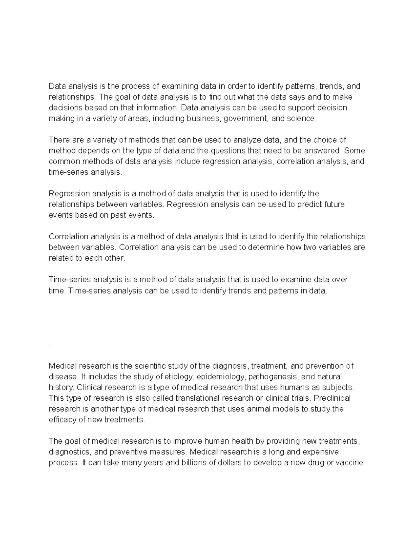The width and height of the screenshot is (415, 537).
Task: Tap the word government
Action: coord(246,119)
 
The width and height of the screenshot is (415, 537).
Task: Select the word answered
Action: coord(324,151)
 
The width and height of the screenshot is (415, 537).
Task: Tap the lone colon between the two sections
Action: coord(50,345)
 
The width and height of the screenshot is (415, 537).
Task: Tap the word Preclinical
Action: coord(332,398)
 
